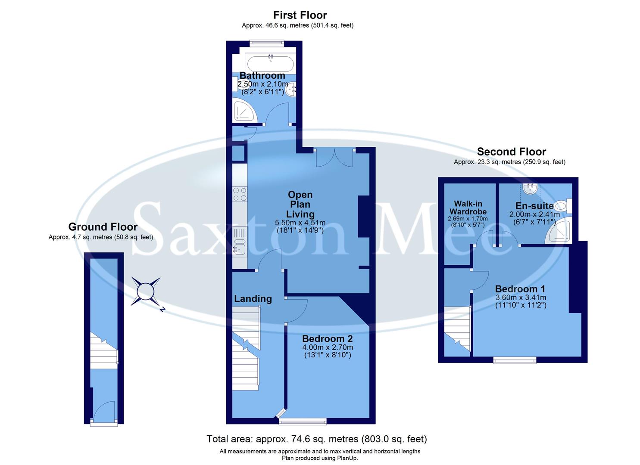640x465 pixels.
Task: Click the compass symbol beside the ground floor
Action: (x=146, y=291)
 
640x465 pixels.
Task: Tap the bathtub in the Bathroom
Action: (x=269, y=63)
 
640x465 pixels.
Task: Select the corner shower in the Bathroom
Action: (x=244, y=111)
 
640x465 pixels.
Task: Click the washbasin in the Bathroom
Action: (x=292, y=89)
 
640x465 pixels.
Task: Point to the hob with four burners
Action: (x=240, y=194)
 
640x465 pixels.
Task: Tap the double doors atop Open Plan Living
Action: (x=334, y=158)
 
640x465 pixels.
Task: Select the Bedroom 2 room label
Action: (x=327, y=338)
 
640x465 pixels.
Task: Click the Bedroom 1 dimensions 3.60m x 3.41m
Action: (x=521, y=298)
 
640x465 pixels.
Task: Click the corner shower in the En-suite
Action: (x=560, y=232)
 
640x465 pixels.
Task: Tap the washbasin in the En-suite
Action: (x=529, y=188)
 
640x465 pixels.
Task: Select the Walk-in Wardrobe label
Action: (x=468, y=208)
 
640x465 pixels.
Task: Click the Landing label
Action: (x=253, y=299)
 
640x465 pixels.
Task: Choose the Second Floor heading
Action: (x=511, y=152)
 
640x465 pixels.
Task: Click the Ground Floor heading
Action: (x=103, y=227)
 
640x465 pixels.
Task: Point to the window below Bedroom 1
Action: (x=515, y=360)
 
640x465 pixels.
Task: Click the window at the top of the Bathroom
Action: (x=267, y=42)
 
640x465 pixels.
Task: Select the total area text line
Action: (x=317, y=439)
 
